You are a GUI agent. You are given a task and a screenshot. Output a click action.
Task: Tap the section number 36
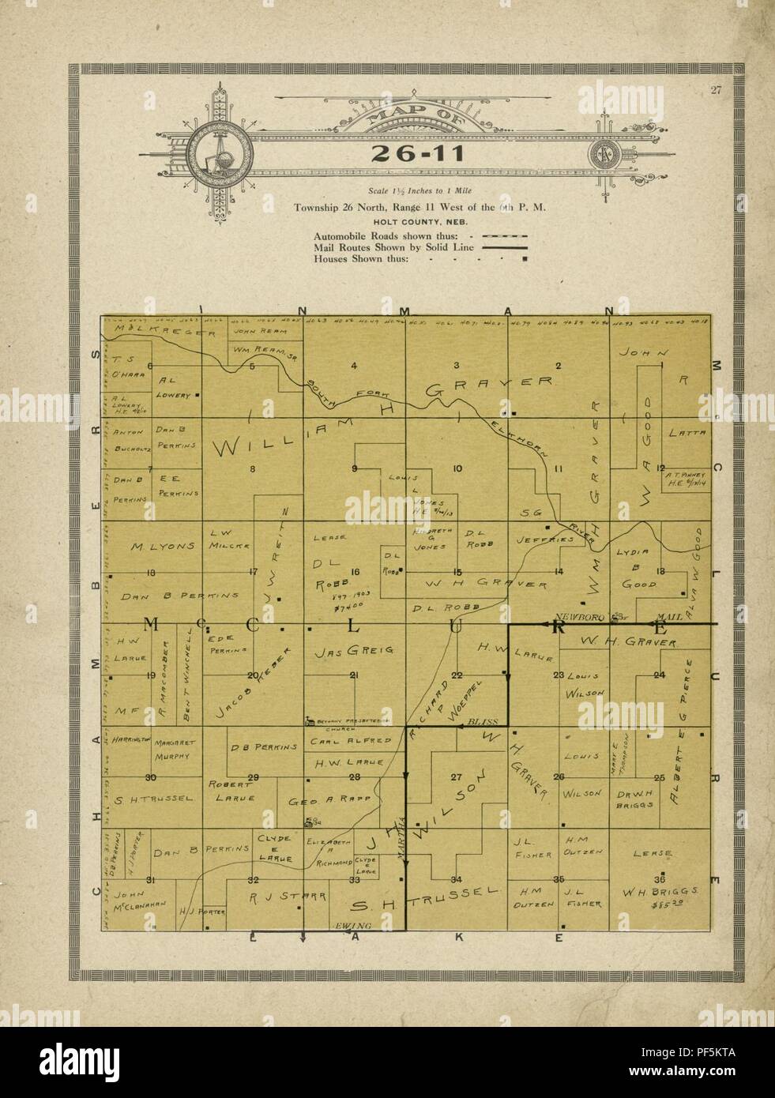point(660,878)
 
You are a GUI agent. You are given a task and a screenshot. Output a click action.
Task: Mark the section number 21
point(354,675)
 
